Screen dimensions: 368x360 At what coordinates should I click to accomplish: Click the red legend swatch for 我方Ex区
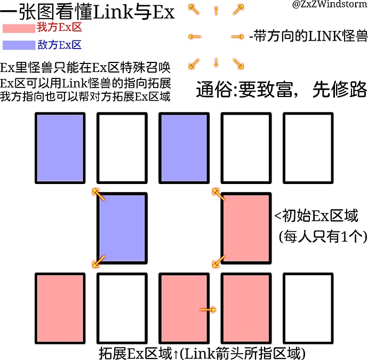[19, 28]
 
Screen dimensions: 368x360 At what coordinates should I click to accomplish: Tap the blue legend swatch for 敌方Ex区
[19, 45]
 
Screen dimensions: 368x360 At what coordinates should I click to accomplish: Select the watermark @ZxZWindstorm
[330, 4]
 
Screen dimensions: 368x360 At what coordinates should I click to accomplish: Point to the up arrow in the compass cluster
[216, 11]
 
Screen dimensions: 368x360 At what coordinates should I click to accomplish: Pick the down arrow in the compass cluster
[216, 62]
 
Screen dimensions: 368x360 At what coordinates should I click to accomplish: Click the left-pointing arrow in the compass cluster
[195, 37]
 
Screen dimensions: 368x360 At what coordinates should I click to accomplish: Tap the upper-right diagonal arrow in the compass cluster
[238, 10]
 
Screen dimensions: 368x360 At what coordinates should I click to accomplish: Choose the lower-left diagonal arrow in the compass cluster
[194, 64]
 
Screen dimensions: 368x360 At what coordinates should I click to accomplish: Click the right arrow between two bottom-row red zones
[208, 310]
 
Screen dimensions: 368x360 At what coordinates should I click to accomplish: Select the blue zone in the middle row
[122, 228]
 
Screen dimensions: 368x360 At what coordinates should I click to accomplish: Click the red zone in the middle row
[246, 228]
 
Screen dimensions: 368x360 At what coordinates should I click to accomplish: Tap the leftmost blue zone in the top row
[60, 148]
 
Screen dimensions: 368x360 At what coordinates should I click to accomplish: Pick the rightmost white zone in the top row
[308, 148]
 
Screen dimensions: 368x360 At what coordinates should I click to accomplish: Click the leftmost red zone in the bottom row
[60, 308]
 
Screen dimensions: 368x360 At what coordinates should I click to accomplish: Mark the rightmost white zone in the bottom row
[308, 308]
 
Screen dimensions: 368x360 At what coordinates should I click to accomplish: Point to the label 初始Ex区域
[320, 215]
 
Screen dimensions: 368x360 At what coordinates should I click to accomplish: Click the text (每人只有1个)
[323, 236]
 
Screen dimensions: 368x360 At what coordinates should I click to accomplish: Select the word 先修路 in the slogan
[339, 90]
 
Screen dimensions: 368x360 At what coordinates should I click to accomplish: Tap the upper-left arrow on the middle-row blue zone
[99, 195]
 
